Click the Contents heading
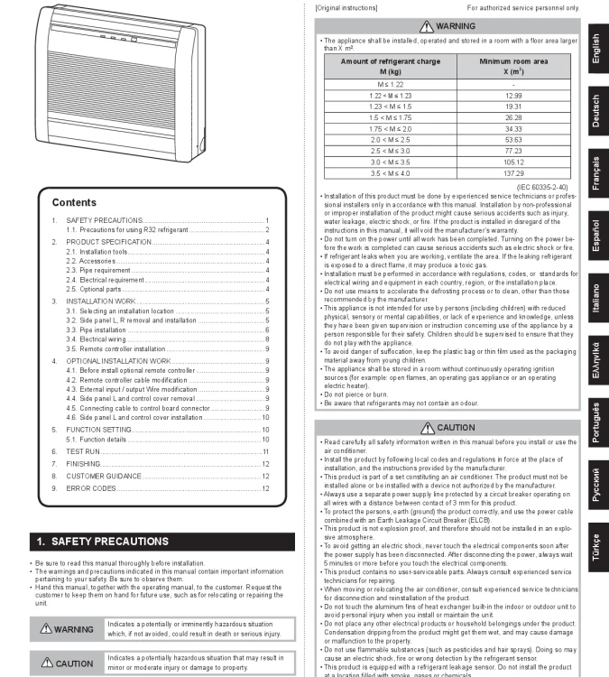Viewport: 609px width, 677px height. click(x=74, y=203)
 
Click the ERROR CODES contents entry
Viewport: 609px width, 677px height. click(x=90, y=487)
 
